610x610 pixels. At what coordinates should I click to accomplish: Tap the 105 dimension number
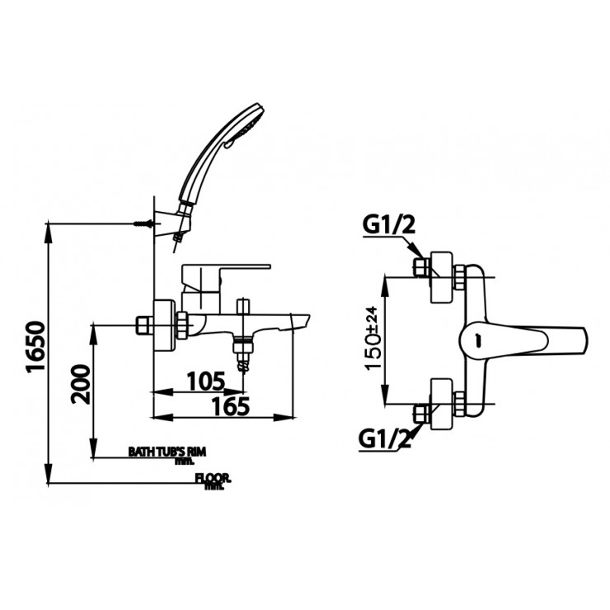pos(204,380)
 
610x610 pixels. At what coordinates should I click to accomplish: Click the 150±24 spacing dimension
pos(372,339)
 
